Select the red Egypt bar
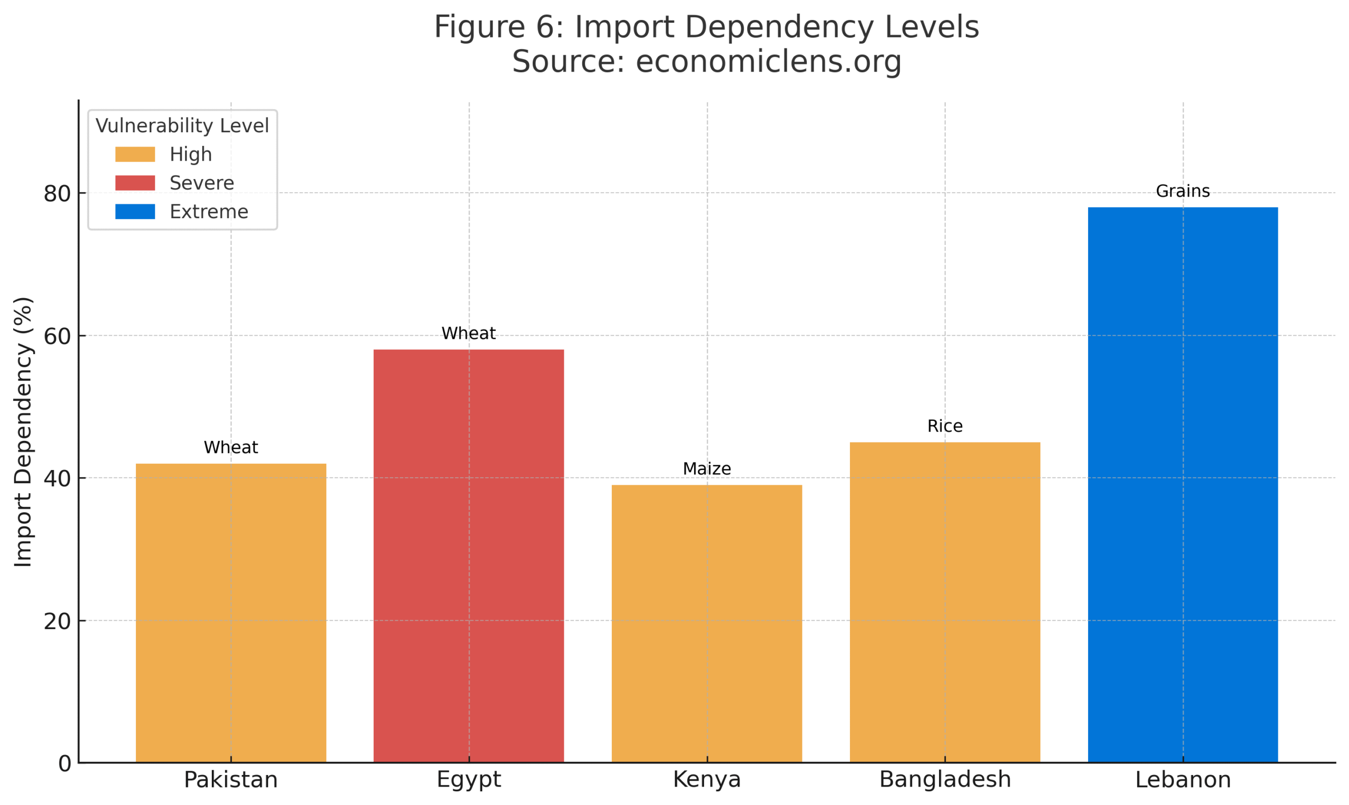468,556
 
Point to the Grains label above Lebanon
1182,191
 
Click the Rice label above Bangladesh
944,426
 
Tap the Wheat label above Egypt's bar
468,333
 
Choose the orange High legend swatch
135,154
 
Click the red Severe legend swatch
135,183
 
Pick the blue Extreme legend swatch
135,212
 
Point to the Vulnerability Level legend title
182,125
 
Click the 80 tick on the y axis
57,193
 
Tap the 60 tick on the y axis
57,336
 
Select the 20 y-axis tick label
57,621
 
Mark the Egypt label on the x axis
468,780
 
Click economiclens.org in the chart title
768,61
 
